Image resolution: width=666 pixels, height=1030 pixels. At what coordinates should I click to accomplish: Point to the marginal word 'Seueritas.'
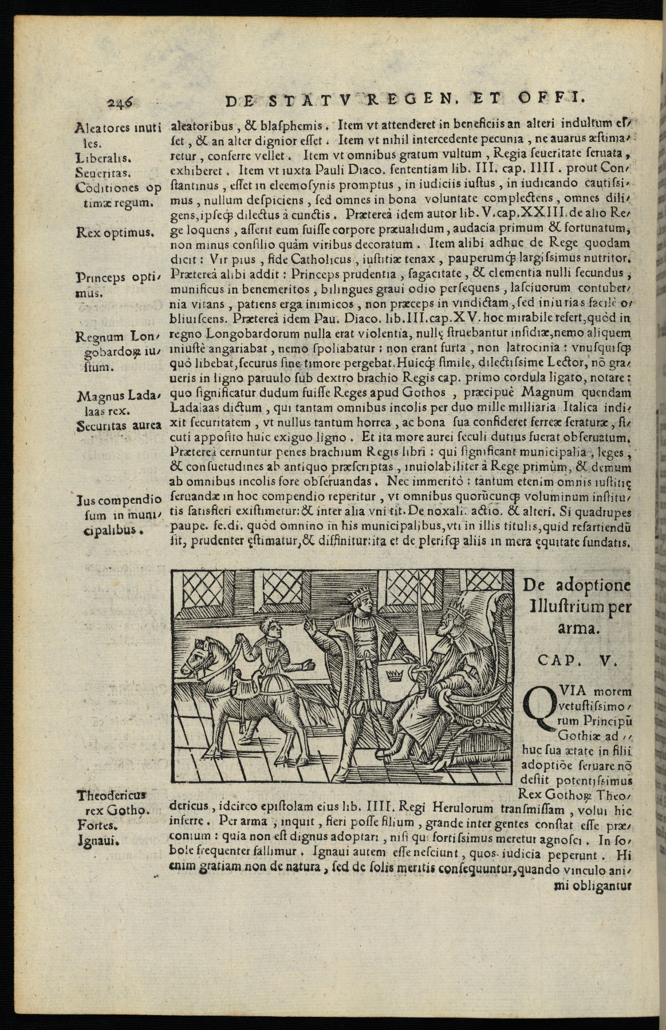click(x=104, y=172)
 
